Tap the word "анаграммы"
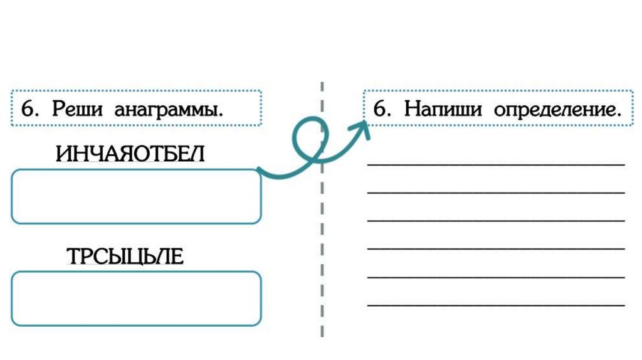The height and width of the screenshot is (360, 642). (169, 110)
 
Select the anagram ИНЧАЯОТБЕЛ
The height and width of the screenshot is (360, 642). (130, 154)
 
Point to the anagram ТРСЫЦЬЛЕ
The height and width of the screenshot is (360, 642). (125, 257)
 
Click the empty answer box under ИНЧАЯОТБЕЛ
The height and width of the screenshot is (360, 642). (136, 196)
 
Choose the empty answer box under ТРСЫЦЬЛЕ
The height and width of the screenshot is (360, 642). (136, 299)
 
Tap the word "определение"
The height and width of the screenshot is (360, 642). (557, 110)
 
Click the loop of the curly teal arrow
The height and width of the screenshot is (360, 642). (307, 139)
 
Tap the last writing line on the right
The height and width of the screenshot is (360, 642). (496, 305)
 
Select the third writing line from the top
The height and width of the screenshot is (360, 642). (496, 220)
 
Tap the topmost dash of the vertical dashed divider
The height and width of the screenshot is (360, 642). (322, 87)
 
